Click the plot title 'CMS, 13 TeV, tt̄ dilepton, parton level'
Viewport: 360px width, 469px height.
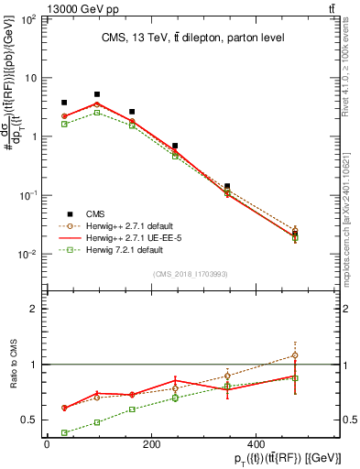pyautogui.click(x=192, y=38)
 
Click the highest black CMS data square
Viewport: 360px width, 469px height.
pyautogui.click(x=97, y=94)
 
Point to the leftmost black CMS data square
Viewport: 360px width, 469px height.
pyautogui.click(x=64, y=103)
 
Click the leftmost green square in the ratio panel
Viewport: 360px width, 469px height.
pyautogui.click(x=64, y=432)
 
